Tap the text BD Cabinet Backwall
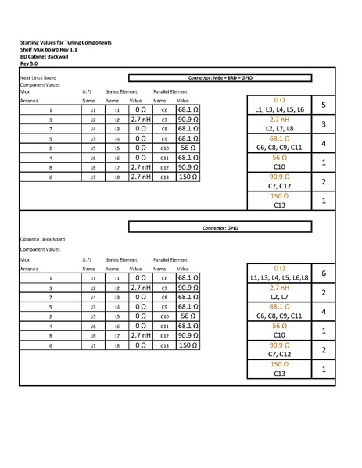tap(46, 55)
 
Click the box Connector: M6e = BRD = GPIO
tap(220, 78)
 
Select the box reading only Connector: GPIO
tap(220, 227)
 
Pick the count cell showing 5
tap(323, 105)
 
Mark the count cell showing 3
tap(323, 123)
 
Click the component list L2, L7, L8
tap(279, 128)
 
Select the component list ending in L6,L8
tap(279, 277)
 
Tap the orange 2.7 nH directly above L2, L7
tap(279, 288)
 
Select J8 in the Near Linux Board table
tap(93, 167)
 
